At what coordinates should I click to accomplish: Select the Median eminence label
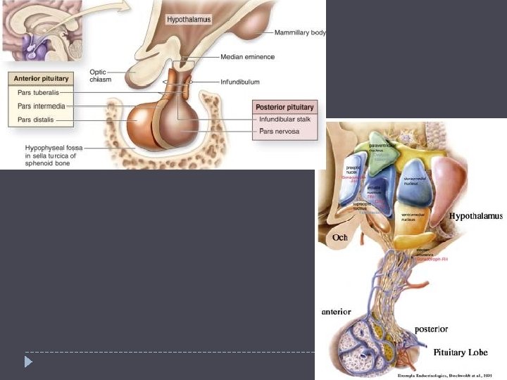click(x=247, y=56)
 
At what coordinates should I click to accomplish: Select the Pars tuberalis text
click(x=39, y=92)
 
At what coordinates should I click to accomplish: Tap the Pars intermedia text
click(x=41, y=106)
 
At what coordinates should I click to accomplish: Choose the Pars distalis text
click(x=37, y=120)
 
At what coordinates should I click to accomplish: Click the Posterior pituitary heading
click(x=284, y=107)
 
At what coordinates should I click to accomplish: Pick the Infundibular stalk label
click(x=285, y=120)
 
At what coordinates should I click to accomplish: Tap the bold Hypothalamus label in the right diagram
click(x=476, y=217)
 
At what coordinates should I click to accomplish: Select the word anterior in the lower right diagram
click(x=336, y=312)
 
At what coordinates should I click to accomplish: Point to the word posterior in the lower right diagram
click(x=431, y=328)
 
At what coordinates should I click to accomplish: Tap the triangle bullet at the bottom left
click(x=28, y=362)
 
